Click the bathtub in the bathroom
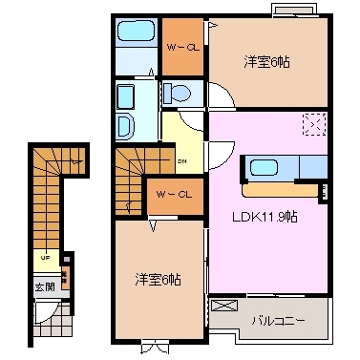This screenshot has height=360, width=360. pyautogui.click(x=134, y=40)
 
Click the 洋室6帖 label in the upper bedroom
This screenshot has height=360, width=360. pyautogui.click(x=267, y=62)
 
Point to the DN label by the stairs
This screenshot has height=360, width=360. pyautogui.click(x=181, y=160)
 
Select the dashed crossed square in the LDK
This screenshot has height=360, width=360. pyautogui.click(x=315, y=125)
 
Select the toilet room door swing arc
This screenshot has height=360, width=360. pyautogui.click(x=220, y=99)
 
